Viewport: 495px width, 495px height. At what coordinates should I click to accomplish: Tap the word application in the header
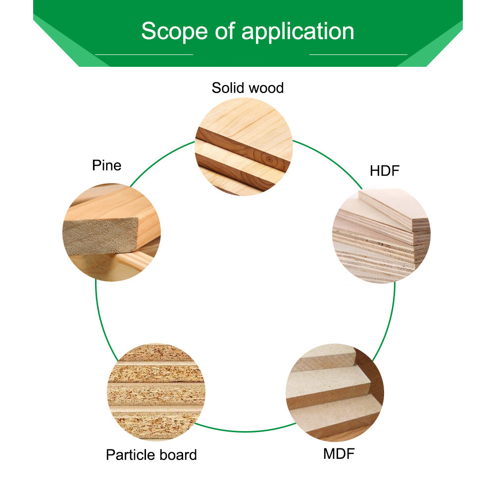click(x=297, y=32)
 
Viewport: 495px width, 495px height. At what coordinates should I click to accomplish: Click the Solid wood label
click(x=247, y=88)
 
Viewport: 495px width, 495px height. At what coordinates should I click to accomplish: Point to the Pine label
click(x=106, y=165)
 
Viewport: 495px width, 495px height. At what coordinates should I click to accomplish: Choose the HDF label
click(x=384, y=171)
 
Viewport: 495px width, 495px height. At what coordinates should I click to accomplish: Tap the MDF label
click(x=339, y=453)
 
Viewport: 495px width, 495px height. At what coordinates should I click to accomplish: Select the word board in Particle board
click(x=178, y=455)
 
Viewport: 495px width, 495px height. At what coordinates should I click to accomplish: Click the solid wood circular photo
click(x=244, y=147)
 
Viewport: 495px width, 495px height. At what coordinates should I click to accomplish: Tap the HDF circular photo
click(x=381, y=236)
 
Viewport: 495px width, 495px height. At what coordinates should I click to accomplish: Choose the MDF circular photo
click(x=335, y=393)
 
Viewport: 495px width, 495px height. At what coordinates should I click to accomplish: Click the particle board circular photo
click(x=156, y=391)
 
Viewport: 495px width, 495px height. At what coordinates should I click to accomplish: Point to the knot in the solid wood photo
click(x=268, y=159)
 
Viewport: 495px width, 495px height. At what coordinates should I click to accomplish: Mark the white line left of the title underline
click(x=144, y=54)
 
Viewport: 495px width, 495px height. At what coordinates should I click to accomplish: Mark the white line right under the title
click(x=358, y=54)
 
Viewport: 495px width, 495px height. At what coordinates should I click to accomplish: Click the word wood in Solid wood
click(x=266, y=88)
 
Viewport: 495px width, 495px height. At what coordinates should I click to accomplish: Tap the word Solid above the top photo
click(x=228, y=88)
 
